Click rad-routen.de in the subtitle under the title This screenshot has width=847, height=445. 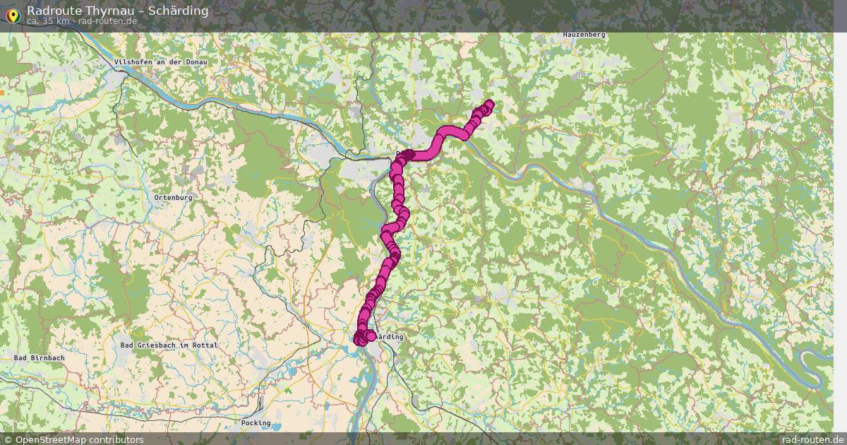click(108, 21)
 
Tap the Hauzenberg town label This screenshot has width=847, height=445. click(584, 35)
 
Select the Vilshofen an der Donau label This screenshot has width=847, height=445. click(161, 62)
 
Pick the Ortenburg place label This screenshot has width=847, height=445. click(173, 198)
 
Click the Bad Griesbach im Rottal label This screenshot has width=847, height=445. click(169, 345)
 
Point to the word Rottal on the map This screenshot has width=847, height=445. click(204, 345)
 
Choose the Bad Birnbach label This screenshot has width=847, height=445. click(40, 358)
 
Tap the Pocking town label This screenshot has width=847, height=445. click(256, 423)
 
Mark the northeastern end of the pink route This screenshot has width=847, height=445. click(489, 105)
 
